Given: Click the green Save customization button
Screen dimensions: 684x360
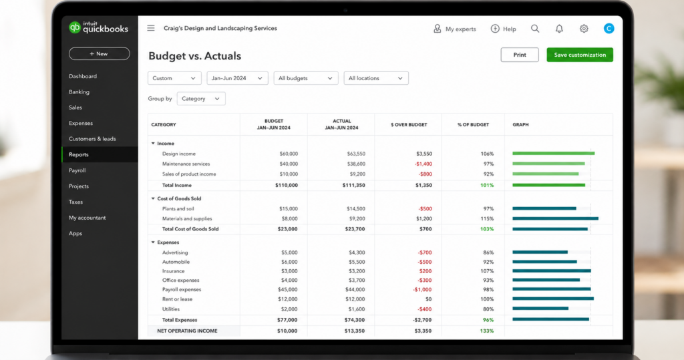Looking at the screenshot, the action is point(580,55).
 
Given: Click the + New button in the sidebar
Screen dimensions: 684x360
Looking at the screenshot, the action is point(99,53).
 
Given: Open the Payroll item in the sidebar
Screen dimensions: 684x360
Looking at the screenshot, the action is point(77,170).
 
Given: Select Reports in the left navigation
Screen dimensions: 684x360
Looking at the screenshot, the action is point(79,154).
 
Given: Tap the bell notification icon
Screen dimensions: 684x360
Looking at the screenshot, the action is point(559,29).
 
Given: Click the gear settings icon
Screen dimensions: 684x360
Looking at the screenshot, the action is point(584,29).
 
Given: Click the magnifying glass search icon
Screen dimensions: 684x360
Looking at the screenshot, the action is point(535,29).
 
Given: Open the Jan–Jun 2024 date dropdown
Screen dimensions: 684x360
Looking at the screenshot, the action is point(237,78).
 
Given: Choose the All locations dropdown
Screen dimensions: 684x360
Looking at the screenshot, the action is point(376,78).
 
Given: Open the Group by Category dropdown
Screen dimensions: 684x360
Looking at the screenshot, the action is point(201,99).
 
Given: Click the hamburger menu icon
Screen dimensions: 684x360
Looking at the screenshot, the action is point(151,28).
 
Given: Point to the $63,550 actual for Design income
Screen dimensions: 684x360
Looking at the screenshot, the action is point(356,154).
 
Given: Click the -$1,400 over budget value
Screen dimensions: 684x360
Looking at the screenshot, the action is point(423,164).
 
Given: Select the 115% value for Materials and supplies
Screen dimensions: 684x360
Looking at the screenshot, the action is point(487,218).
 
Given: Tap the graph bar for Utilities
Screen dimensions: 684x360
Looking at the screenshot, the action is point(540,309).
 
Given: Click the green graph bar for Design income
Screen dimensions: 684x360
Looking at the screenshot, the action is point(554,153).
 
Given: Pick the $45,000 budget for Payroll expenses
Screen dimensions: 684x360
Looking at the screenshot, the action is point(288,290).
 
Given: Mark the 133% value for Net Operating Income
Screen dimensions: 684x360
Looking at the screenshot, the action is point(487,331).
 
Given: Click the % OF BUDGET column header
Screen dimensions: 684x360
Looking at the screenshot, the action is point(474,125).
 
